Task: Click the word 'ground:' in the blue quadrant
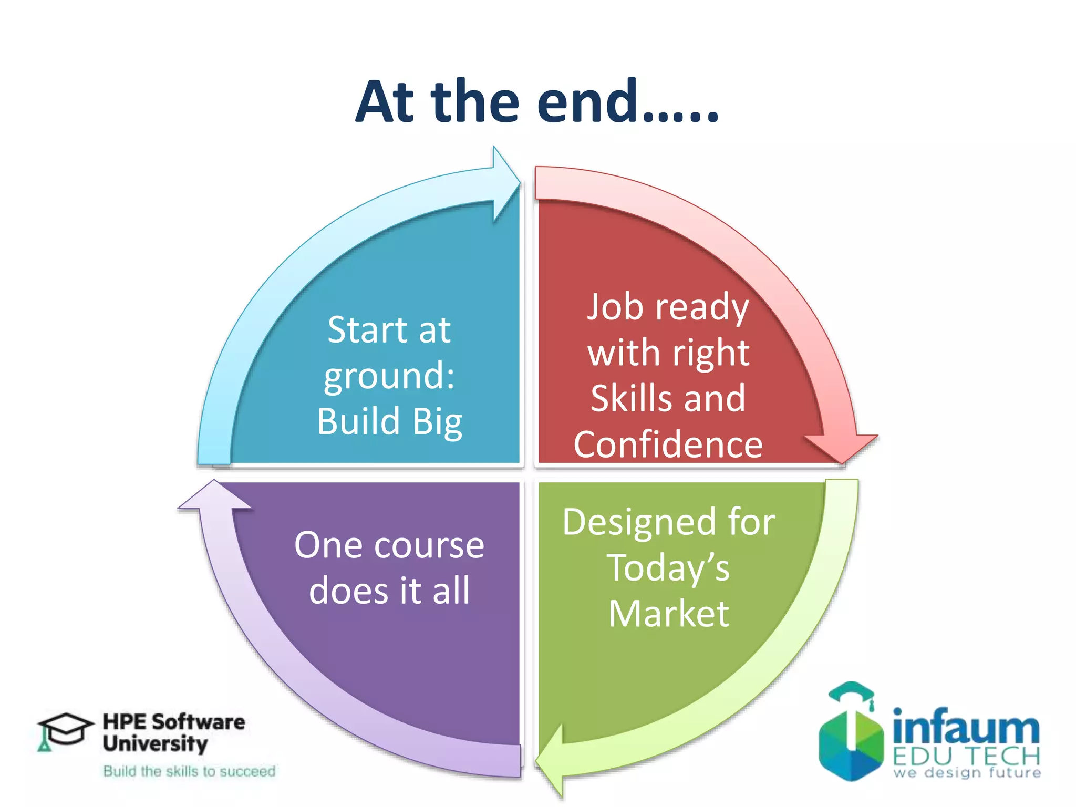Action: (389, 377)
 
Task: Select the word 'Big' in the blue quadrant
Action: (437, 422)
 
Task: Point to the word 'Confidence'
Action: (668, 444)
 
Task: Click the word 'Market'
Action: (669, 614)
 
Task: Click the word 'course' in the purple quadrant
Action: (428, 545)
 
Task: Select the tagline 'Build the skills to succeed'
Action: (189, 771)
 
